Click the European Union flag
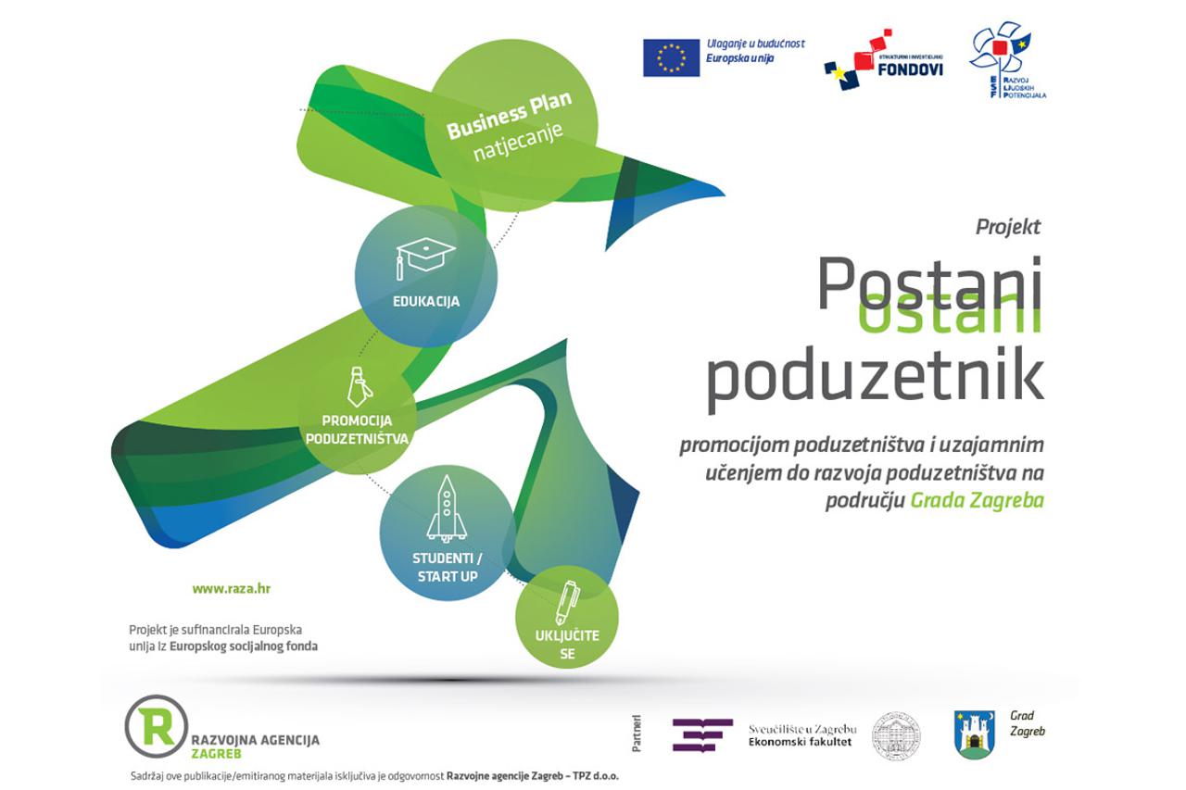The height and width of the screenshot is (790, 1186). coord(671,57)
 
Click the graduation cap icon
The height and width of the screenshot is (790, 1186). coord(425,256)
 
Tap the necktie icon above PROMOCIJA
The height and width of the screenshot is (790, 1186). coord(357,386)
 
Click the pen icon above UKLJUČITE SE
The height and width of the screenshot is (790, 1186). coord(565,601)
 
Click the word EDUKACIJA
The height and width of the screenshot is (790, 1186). coord(426,301)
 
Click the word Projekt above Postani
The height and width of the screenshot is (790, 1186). coord(1008,226)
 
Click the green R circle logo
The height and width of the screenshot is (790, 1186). coord(156,725)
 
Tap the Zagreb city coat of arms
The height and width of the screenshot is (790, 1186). coord(974,734)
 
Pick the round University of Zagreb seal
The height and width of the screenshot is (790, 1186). coord(895,735)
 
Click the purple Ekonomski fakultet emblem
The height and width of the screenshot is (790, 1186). coord(701,734)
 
